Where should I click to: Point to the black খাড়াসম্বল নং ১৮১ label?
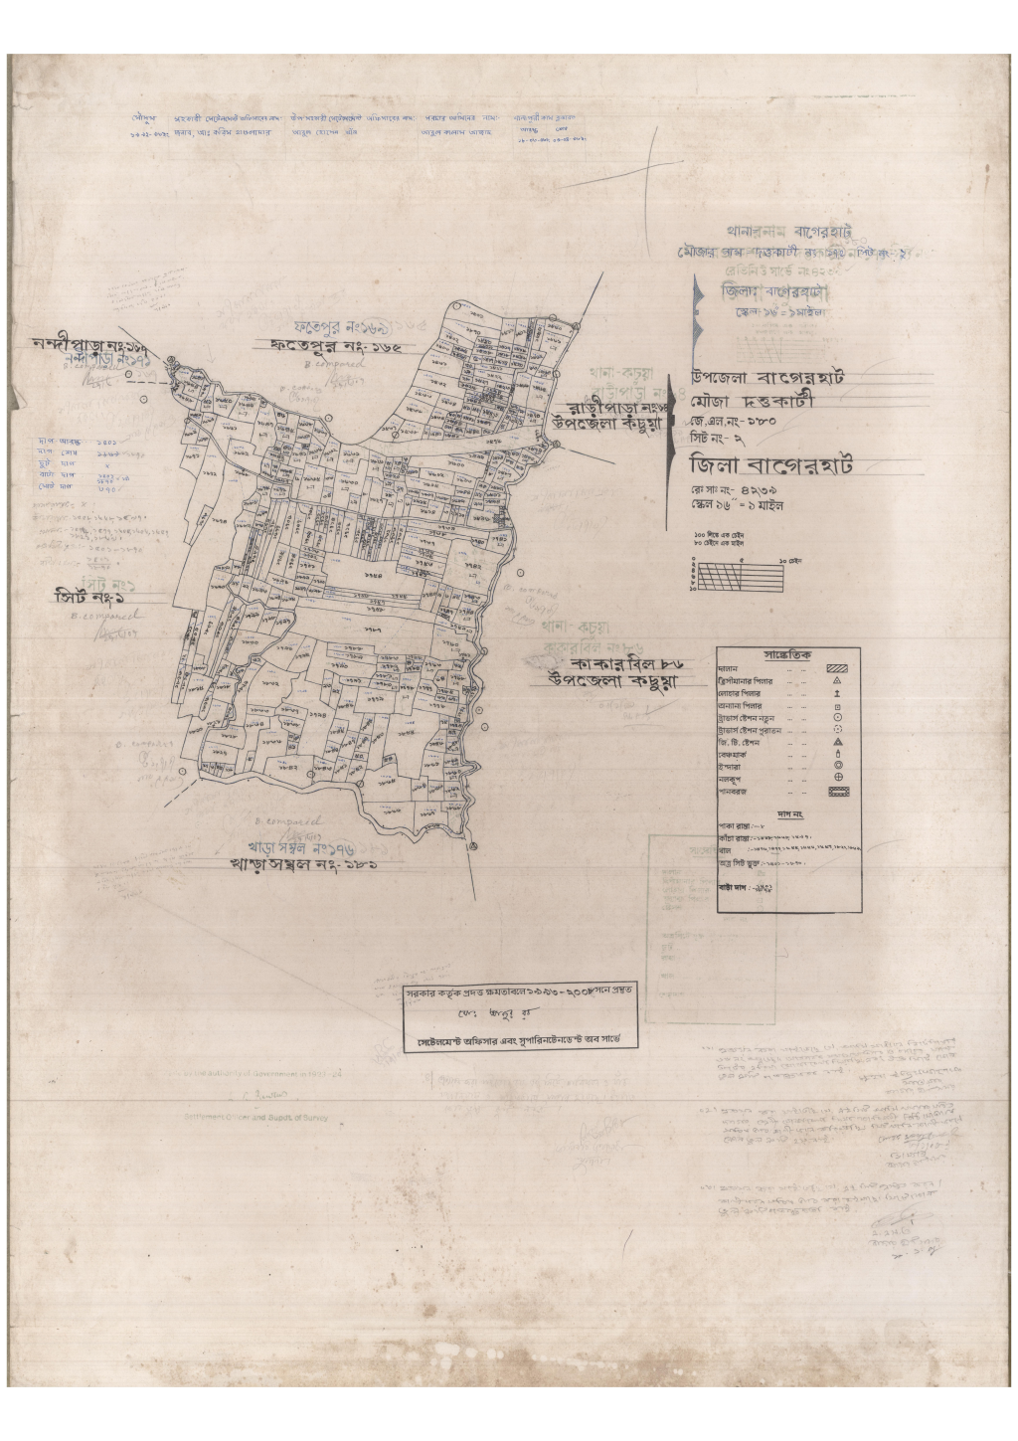pyautogui.click(x=304, y=866)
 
